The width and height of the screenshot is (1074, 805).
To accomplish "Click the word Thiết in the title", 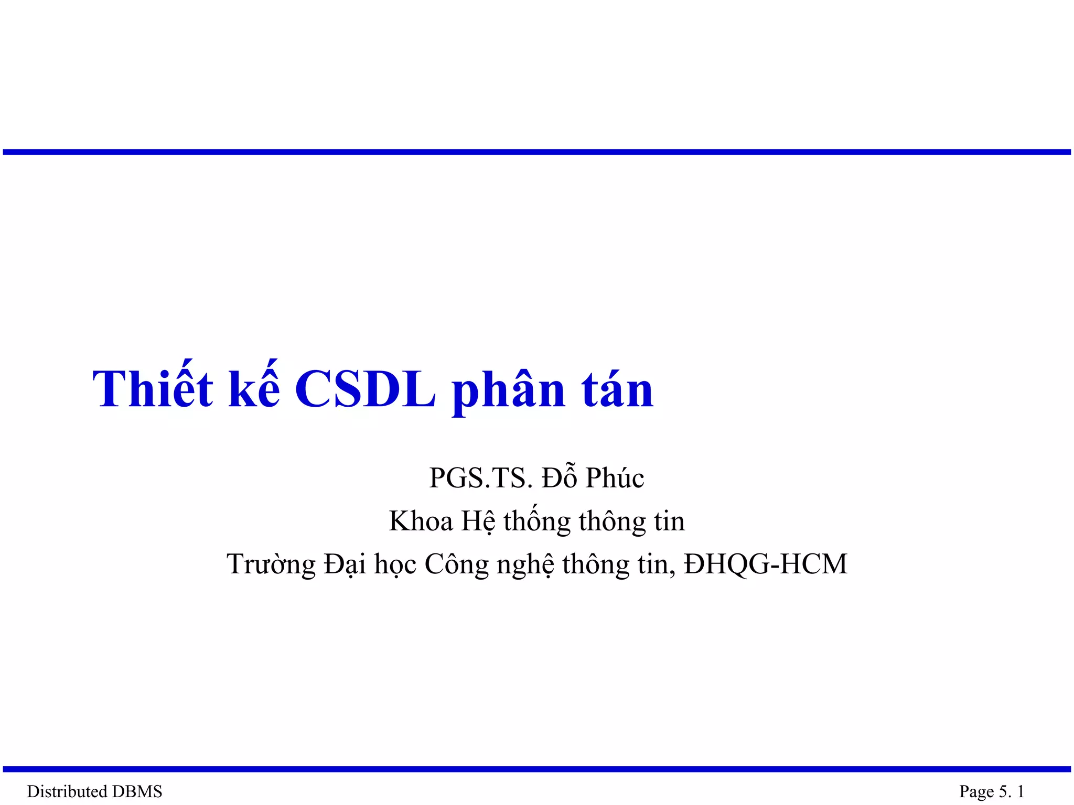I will coord(153,389).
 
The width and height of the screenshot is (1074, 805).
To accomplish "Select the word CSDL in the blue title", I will coord(365,389).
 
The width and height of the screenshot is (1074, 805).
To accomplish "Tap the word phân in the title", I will coord(508,390).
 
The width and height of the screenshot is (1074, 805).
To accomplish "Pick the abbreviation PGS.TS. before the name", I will coord(481,478).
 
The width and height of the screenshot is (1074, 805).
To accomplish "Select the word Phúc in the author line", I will coord(615,478).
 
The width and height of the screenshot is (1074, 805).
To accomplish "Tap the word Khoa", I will coord(421,521).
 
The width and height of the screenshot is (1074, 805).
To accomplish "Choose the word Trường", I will coord(271,565).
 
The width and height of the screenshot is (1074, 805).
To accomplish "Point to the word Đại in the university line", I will coord(345,565).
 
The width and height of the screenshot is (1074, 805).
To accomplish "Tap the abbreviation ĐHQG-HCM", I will coord(766,564).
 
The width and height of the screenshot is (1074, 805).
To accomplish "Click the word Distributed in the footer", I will coord(67,791).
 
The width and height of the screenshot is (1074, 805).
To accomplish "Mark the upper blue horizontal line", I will coord(537,152).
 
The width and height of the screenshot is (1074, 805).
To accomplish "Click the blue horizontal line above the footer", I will coord(537,769).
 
